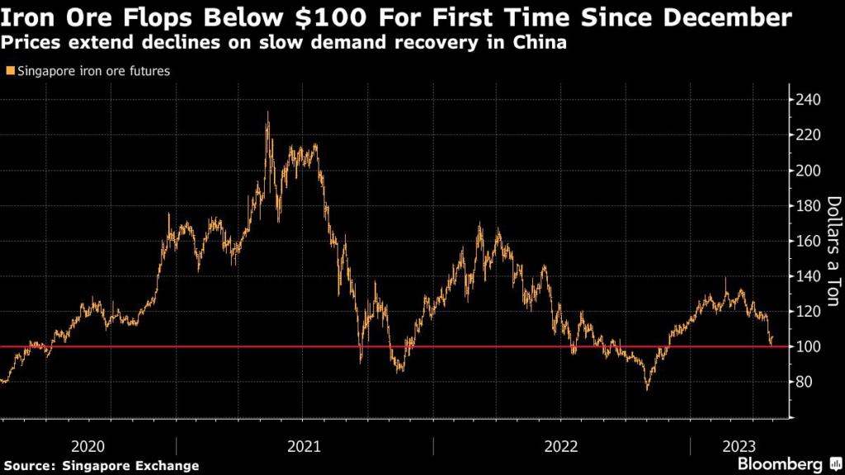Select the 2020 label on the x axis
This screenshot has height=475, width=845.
point(87,446)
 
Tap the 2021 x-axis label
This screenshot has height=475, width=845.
point(304,446)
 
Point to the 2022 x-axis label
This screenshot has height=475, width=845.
point(561,446)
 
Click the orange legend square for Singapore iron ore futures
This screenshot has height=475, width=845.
point(9,72)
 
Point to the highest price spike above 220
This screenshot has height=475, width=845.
point(267,115)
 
